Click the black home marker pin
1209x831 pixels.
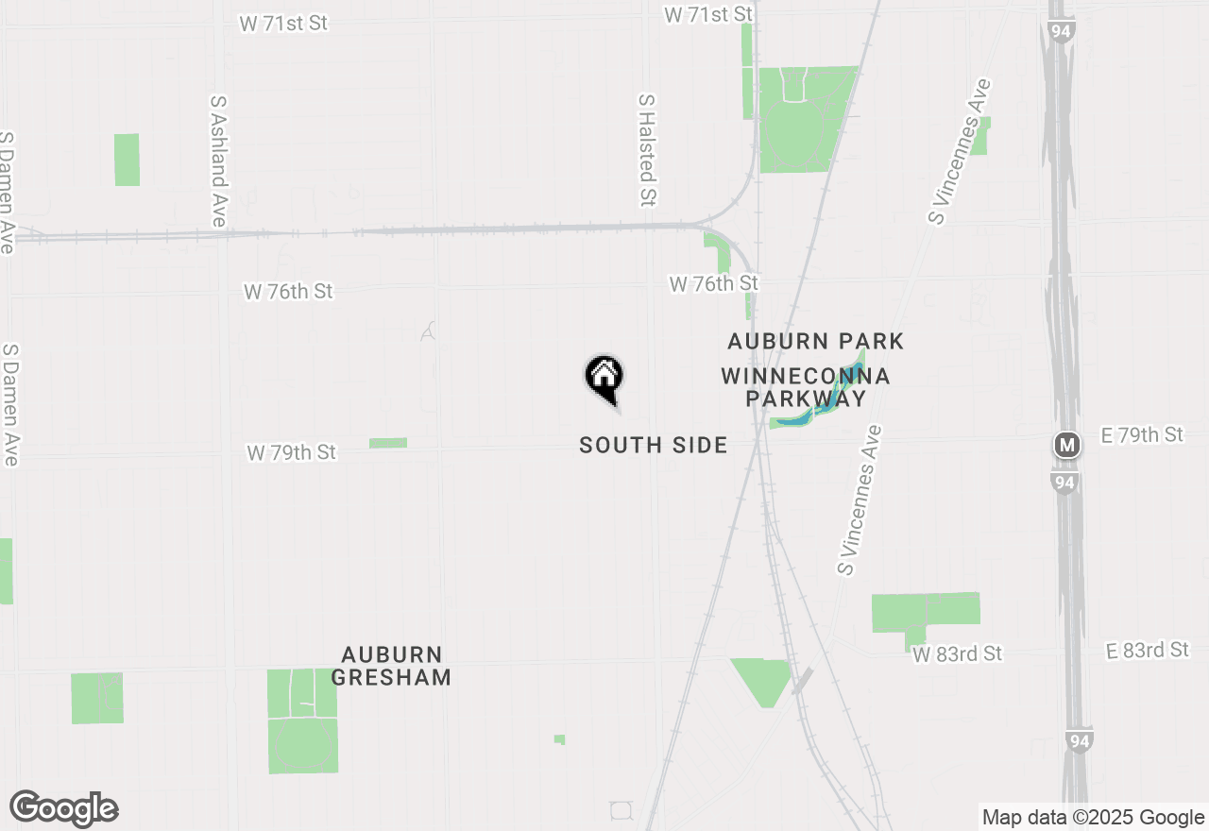pos(604,378)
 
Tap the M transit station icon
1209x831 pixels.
pos(1067,445)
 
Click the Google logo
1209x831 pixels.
pos(64,808)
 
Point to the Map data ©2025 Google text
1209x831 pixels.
pos(1093,818)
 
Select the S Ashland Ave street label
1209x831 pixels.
pos(219,160)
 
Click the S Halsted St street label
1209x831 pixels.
pos(647,149)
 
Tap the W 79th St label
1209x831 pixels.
pos(291,453)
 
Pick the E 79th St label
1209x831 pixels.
pos(1142,434)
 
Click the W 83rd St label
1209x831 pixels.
pos(957,653)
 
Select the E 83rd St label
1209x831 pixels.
pos(1147,650)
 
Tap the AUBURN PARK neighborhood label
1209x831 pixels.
pos(815,341)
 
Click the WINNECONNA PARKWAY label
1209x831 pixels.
pos(805,387)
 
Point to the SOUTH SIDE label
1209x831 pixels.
pos(654,445)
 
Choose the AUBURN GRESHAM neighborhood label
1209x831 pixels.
pos(391,666)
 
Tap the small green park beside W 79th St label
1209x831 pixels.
pos(388,442)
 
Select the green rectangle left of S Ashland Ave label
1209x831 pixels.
pos(127,160)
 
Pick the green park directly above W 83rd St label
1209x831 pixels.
pos(925,613)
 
